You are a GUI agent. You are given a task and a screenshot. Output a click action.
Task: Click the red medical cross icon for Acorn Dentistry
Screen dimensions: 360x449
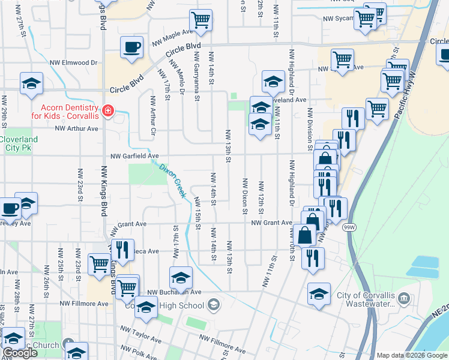point(108,110)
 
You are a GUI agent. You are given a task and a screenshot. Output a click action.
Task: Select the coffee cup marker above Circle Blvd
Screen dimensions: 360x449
point(131,46)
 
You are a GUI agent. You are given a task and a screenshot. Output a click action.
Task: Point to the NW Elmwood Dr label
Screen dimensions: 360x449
point(73,62)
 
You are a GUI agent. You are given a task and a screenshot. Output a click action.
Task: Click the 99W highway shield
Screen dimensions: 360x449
point(349,228)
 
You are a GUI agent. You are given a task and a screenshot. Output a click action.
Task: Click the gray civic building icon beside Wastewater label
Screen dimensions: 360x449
point(405,298)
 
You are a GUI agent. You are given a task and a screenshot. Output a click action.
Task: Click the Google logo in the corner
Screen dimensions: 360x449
point(20,353)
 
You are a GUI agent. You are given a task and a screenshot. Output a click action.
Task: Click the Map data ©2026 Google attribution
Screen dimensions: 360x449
point(412,355)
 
